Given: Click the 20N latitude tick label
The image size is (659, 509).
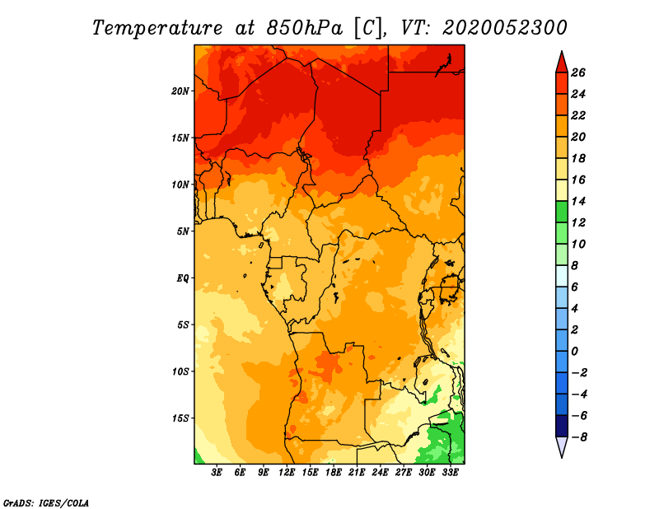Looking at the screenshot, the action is tap(180, 91).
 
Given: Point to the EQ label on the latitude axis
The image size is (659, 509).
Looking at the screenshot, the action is tap(183, 278).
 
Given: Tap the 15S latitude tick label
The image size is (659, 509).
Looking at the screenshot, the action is tap(180, 418).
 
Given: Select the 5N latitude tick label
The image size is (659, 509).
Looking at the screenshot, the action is tap(183, 231).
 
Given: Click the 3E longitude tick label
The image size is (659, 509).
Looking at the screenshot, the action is tap(217, 473).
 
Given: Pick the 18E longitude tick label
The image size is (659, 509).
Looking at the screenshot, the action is tap(334, 473).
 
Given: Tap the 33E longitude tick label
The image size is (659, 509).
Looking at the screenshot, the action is tap(450, 473).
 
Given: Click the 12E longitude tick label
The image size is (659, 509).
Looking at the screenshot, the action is tap(287, 473).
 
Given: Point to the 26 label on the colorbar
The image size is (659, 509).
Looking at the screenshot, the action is tap(578, 72).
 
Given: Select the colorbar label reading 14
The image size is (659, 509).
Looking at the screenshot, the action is tap(578, 201).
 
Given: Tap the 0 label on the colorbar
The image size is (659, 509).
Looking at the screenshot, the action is tap(574, 351).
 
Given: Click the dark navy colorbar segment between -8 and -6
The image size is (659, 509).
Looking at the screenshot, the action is tap(562, 426).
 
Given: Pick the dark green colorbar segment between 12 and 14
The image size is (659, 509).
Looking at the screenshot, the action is tap(562, 212).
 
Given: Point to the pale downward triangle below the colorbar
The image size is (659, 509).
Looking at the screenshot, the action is tap(562, 446).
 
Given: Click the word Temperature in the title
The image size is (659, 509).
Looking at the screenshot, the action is tap(157, 28).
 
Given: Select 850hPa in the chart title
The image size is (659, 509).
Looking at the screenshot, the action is tap(304, 28).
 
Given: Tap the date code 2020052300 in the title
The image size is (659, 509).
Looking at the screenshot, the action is tap(505, 28).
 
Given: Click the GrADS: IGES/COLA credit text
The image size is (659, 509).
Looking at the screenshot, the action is tap(46, 503).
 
